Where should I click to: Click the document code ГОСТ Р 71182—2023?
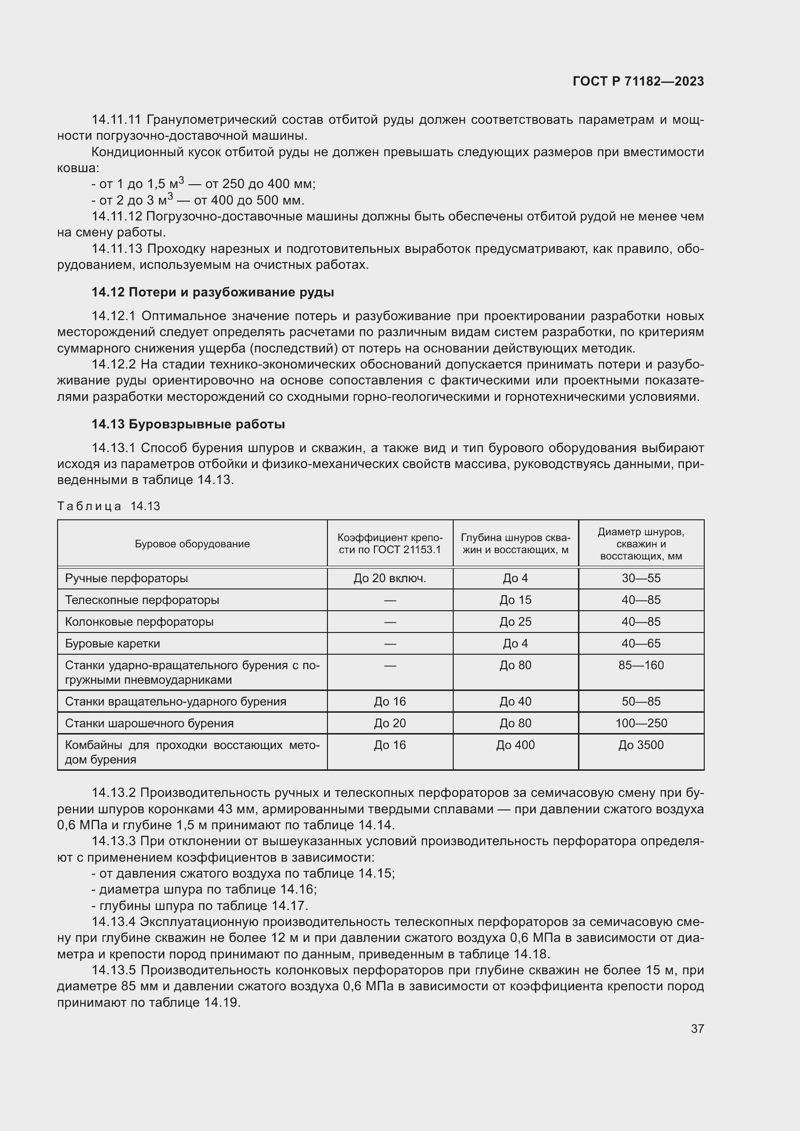coord(638,81)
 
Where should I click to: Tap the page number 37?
coord(697,1028)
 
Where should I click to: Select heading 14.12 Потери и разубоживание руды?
coord(212,292)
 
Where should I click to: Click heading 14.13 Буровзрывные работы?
coord(188,424)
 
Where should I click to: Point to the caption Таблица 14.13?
coord(108,506)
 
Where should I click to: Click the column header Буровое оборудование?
coord(192,544)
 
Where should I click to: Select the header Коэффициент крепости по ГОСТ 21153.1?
coord(390,544)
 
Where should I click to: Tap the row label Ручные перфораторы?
coord(127,578)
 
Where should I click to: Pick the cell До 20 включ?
coord(390,578)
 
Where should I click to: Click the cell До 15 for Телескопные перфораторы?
coord(515,600)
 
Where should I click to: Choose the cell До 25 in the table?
coord(515,622)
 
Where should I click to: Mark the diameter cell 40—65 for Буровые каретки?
coord(641,643)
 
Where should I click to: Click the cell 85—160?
coord(641,665)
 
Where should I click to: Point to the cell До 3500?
coord(641,745)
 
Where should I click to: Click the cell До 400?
coord(515,745)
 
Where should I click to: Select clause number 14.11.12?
coord(117,216)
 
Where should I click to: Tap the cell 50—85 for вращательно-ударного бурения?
coord(641,702)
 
